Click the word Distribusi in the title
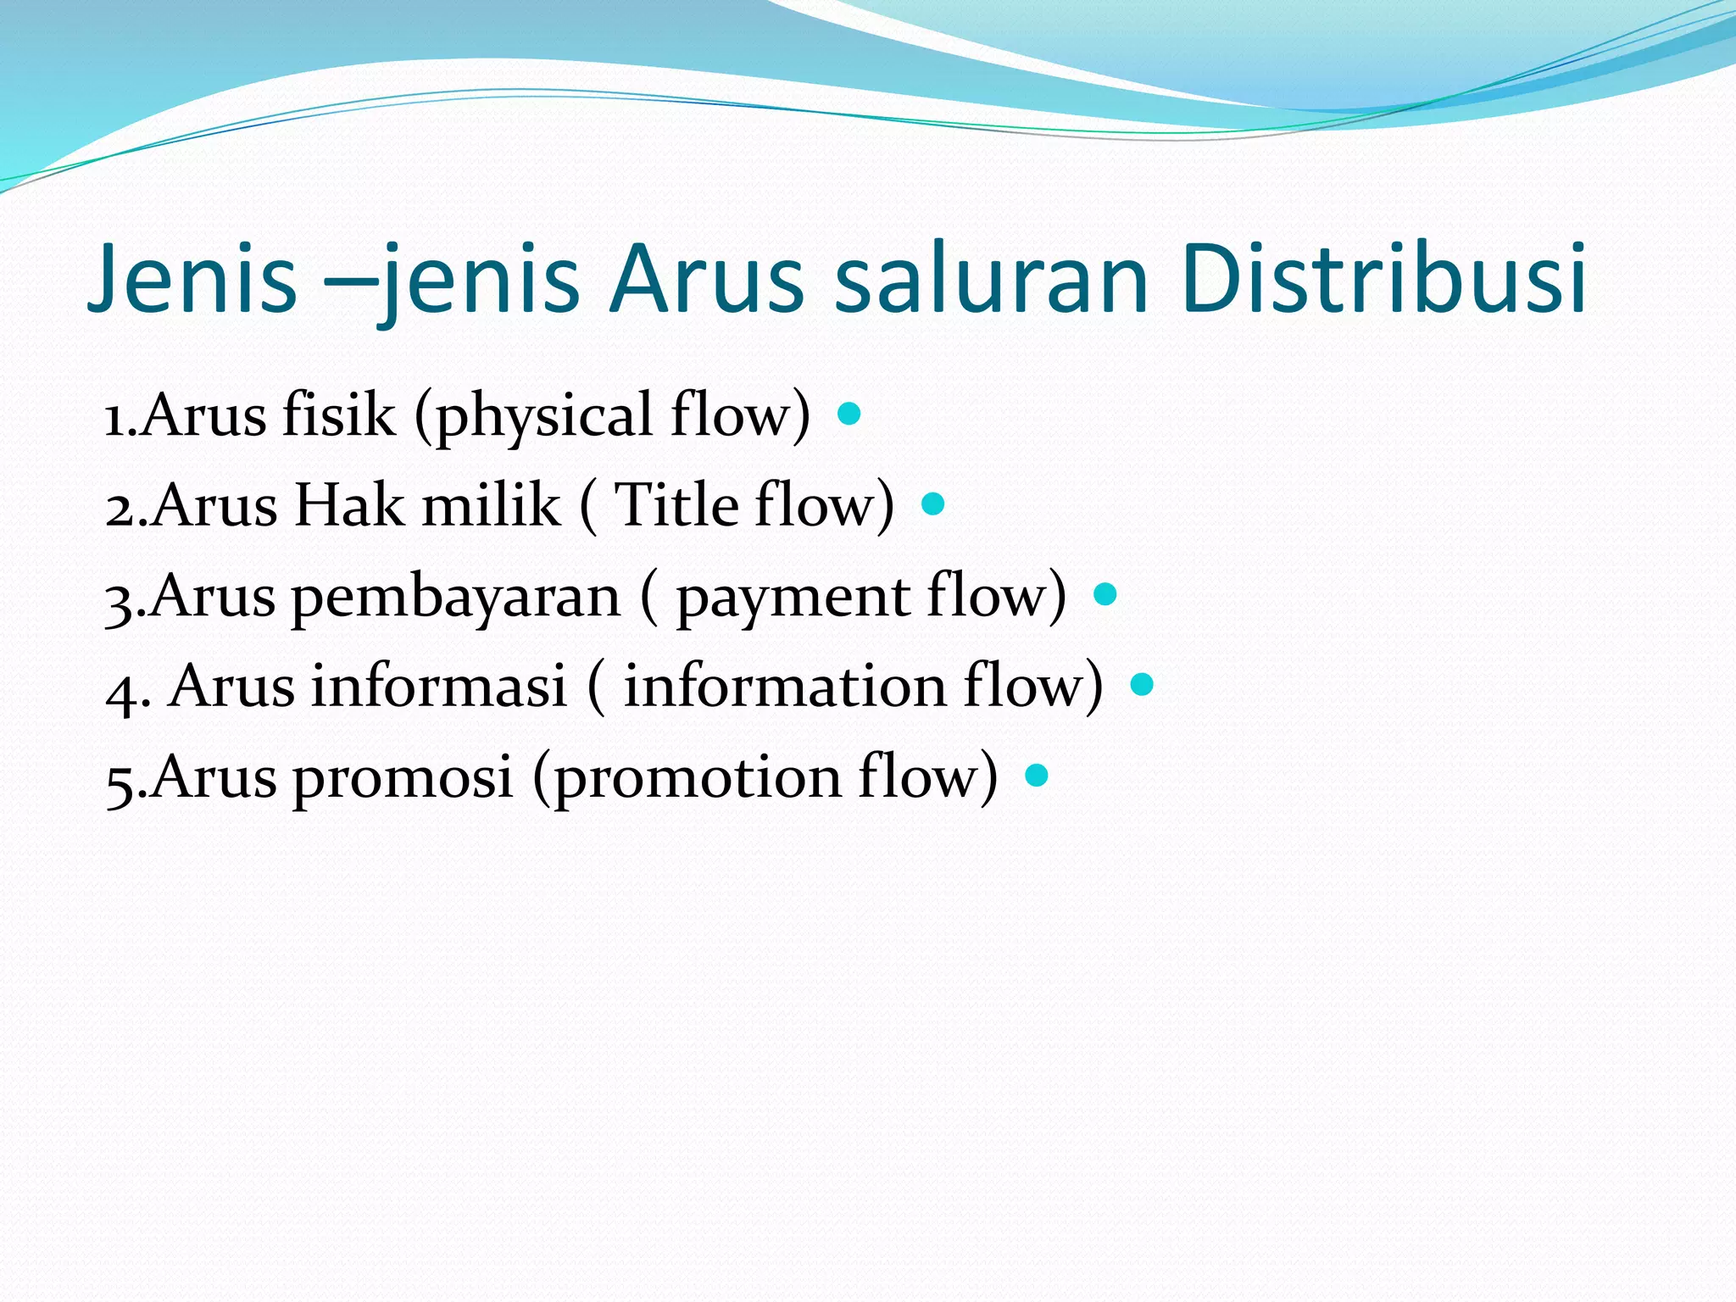tap(1383, 278)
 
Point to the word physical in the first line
tap(542, 417)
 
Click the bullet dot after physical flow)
tap(849, 414)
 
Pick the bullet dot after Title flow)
tap(932, 504)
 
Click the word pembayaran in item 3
tap(456, 598)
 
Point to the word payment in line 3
tap(793, 599)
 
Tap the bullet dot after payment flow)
tap(1105, 594)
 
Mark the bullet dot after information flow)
tap(1142, 684)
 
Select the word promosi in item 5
tap(403, 778)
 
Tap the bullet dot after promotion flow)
tap(1037, 775)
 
